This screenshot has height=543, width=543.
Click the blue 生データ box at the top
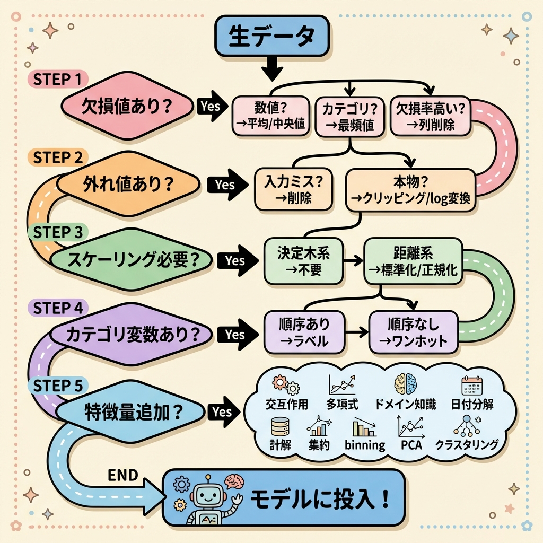click(x=271, y=37)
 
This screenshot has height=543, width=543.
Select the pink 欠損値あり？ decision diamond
click(x=126, y=106)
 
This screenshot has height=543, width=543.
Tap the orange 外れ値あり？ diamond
click(x=129, y=184)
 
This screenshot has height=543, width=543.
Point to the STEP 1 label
click(x=57, y=80)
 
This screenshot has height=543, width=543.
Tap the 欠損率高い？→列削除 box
click(x=430, y=116)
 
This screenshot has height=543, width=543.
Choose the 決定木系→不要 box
click(x=303, y=261)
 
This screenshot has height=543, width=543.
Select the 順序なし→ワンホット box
click(x=413, y=332)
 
